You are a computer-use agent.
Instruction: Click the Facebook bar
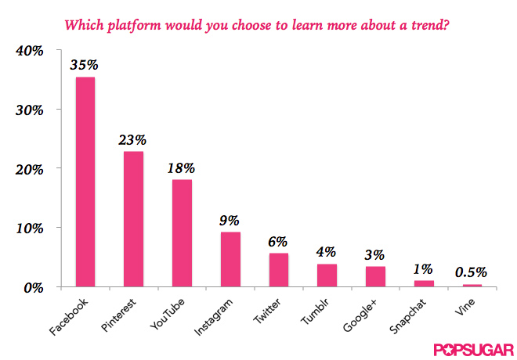click(85, 182)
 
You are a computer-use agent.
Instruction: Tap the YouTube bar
click(182, 233)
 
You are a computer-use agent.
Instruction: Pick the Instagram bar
click(230, 260)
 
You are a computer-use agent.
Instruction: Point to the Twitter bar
click(279, 270)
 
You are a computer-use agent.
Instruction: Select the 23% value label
click(133, 139)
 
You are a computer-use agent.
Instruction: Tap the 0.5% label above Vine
click(472, 272)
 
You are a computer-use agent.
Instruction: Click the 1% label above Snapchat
click(424, 268)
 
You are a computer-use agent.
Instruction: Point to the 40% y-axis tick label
click(28, 51)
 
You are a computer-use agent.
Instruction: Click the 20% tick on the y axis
click(28, 169)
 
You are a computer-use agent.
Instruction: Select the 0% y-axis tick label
click(32, 287)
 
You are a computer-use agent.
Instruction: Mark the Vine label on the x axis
click(467, 306)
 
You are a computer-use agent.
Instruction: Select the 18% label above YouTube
click(182, 167)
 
